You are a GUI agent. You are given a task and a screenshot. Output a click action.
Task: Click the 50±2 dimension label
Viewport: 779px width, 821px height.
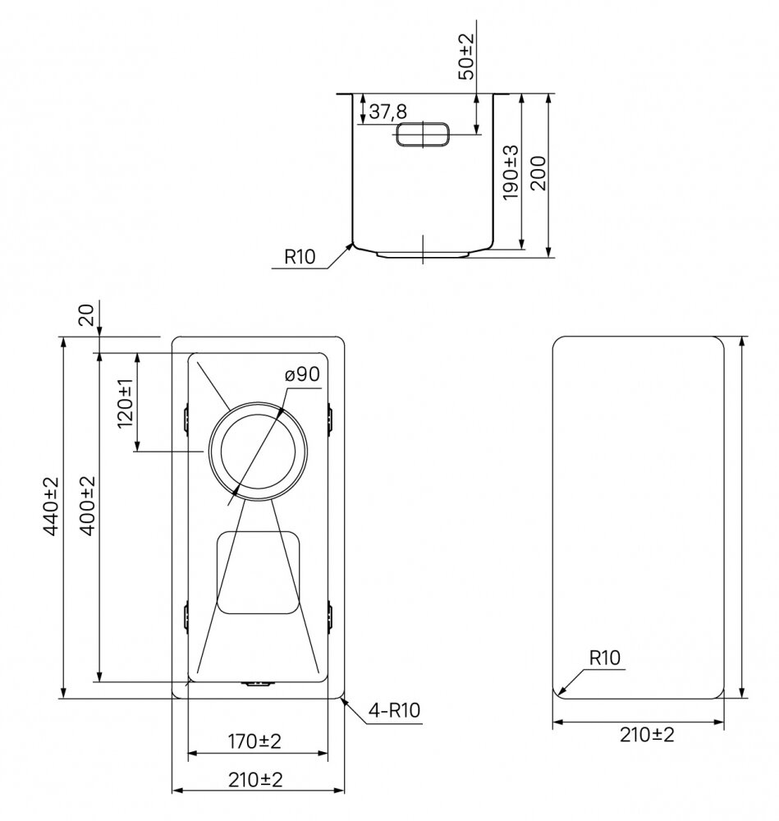click(x=466, y=56)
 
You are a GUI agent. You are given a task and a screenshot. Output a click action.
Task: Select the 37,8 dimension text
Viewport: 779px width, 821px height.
click(x=388, y=112)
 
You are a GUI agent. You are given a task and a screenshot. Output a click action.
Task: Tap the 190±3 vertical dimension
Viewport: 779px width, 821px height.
click(x=510, y=172)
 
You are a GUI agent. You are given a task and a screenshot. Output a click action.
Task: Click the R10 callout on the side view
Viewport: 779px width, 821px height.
click(x=300, y=256)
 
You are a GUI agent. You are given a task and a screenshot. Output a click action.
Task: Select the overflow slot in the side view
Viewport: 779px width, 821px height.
click(x=423, y=134)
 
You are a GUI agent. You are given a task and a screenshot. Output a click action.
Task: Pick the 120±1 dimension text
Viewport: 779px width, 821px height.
click(x=125, y=403)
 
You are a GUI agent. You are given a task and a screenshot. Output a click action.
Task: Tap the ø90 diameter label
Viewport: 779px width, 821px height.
click(x=302, y=374)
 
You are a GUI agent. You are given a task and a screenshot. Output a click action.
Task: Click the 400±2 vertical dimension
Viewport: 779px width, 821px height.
click(x=88, y=505)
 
